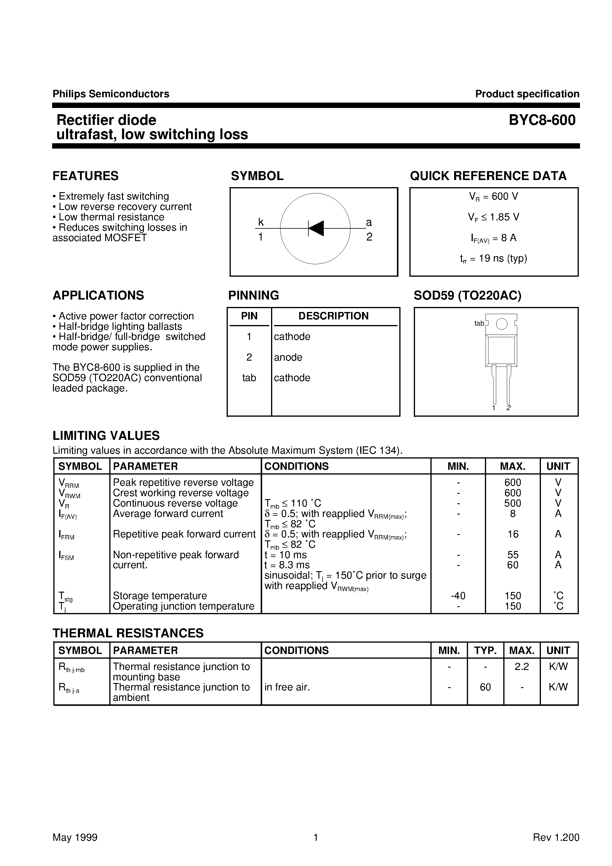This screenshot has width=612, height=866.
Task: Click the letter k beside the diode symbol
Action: (261, 222)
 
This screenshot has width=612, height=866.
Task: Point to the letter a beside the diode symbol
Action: (369, 222)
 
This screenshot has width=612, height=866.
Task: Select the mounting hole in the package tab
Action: (501, 324)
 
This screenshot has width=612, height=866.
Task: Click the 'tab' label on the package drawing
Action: (479, 323)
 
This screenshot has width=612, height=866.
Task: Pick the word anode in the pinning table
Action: (288, 357)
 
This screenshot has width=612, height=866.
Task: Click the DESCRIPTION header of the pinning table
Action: (334, 316)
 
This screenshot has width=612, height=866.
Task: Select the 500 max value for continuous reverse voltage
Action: (512, 503)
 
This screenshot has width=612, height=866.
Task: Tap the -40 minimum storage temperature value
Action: (458, 596)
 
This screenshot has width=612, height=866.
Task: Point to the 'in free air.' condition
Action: (287, 687)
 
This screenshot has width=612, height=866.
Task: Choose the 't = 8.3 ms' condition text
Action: (287, 565)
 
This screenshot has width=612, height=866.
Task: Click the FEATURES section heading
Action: (86, 176)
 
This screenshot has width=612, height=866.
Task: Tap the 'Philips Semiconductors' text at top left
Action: (111, 94)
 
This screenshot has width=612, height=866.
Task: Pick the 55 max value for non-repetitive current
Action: (512, 555)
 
